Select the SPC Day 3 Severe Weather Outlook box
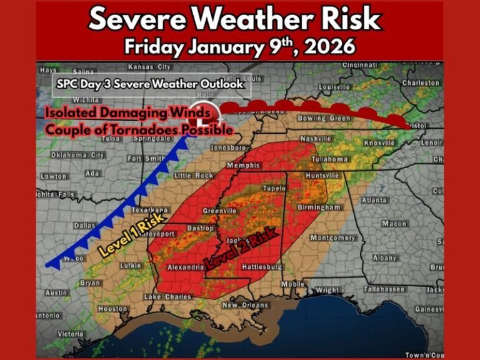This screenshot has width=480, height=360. point(151,84)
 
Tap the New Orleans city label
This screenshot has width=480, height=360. point(246,305)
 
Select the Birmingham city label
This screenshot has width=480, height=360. point(323,207)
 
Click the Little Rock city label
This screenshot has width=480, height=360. point(194,176)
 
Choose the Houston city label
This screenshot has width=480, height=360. point(112,309)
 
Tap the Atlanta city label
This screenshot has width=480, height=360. point(374,200)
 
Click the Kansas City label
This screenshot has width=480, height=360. point(149,67)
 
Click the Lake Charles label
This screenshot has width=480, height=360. point(167,296)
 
